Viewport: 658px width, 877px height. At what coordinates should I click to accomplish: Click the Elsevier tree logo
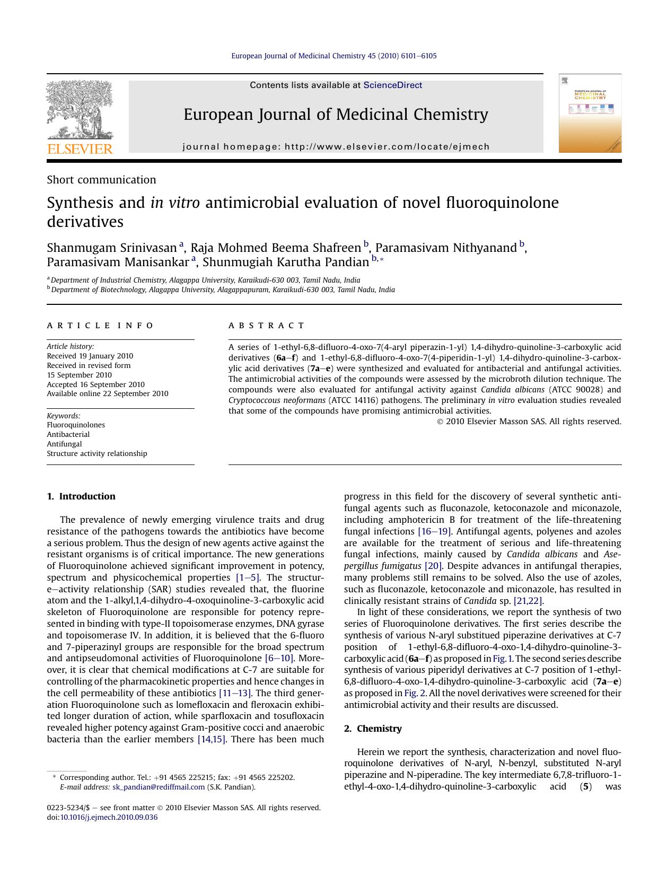80,110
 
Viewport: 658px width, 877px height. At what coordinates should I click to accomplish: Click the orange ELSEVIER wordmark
80,149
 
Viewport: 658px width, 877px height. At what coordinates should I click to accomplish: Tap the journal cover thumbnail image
590,113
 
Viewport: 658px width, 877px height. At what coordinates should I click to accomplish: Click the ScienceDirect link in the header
392,85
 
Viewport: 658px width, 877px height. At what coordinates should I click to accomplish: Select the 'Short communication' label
101,180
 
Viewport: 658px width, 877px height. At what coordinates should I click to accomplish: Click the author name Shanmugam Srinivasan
111,248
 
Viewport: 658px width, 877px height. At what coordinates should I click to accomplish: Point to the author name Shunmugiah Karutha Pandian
286,262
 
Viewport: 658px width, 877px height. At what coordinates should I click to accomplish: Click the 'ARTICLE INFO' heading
100,326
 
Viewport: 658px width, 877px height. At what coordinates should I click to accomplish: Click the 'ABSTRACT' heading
267,326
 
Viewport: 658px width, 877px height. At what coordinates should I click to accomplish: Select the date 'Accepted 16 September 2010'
95,384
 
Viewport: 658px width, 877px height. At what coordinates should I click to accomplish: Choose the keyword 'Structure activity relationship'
96,453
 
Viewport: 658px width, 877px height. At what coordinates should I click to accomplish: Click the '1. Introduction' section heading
81,496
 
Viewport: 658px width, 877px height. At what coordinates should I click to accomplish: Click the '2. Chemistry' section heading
373,729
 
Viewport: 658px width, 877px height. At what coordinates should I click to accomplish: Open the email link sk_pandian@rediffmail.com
158,787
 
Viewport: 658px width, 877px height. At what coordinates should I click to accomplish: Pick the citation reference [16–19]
434,531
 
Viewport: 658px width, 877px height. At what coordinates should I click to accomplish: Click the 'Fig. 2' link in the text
415,693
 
